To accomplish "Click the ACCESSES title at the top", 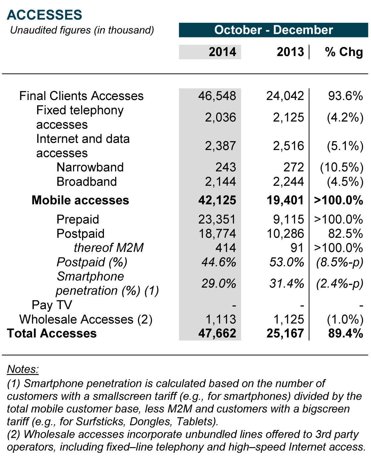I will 44,15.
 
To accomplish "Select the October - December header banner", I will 273,30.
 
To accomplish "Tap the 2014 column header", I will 222,52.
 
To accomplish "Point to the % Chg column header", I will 344,52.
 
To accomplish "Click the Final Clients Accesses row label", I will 81,96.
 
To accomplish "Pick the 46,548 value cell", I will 217,96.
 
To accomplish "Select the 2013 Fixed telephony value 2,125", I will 288,117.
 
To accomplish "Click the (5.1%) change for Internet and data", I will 345,146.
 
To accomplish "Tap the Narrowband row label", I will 90,167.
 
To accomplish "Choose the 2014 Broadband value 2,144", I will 220,181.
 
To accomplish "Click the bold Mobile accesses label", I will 80,200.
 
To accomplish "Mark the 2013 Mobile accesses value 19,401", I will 285,200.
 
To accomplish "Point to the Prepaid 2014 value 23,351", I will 217,219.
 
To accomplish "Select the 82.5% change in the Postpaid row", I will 346,233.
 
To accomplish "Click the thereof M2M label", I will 109,248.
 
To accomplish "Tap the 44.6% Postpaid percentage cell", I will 219,262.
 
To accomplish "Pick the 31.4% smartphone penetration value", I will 287,283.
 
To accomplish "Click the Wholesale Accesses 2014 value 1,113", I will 221,319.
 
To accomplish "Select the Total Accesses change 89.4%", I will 346,333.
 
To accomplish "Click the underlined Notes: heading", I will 23,369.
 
